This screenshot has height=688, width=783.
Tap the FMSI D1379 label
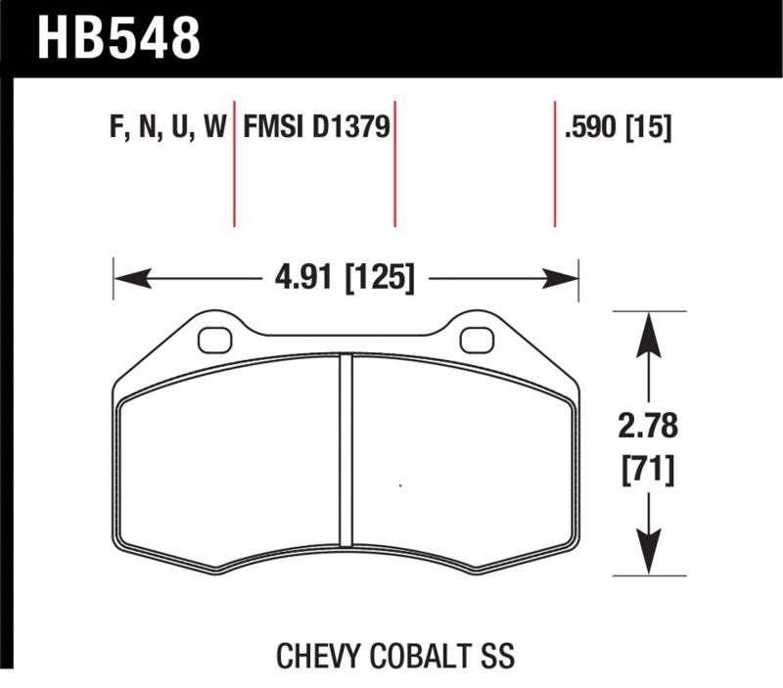[x=317, y=128]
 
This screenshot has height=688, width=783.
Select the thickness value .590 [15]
[x=618, y=128]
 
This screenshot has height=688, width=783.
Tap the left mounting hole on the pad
[x=211, y=340]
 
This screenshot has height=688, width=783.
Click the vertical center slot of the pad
[x=345, y=450]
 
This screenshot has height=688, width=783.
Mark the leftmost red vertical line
[x=234, y=162]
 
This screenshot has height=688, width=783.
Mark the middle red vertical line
[x=394, y=162]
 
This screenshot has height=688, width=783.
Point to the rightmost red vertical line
[x=555, y=162]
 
